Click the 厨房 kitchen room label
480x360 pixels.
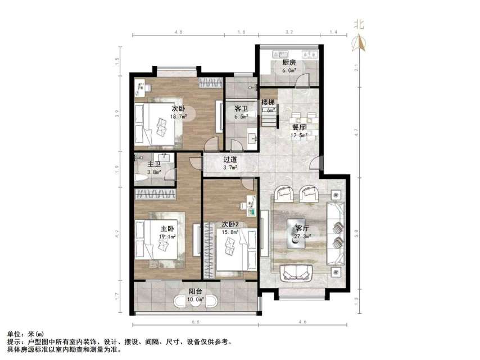(x=289, y=62)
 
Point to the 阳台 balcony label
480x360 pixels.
(x=196, y=291)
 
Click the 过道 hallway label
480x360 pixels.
(x=230, y=159)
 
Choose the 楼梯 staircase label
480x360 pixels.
(x=268, y=102)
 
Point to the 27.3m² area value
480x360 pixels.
(x=302, y=237)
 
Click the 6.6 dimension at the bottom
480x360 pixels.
(x=196, y=322)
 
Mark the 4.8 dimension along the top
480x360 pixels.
(x=178, y=33)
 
